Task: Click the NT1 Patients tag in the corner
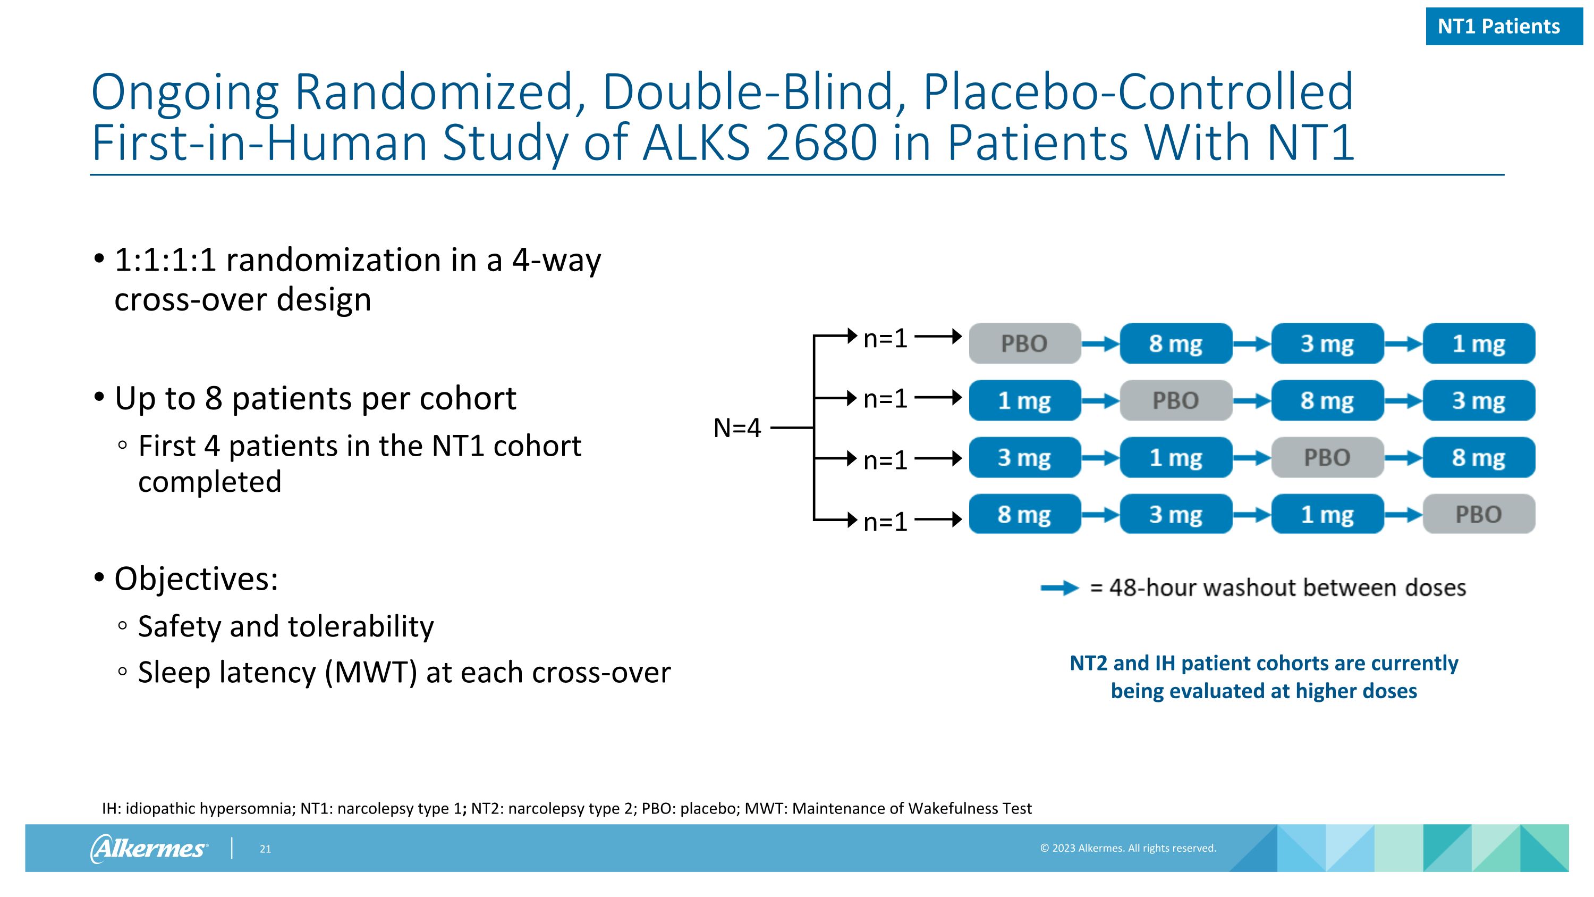(1504, 27)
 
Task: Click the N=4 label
(736, 427)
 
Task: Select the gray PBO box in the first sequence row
(1024, 343)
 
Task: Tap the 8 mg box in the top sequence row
(1176, 343)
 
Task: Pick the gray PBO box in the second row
(1176, 400)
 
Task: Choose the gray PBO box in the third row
(1327, 457)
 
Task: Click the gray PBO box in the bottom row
(1478, 514)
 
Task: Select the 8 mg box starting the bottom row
(1024, 514)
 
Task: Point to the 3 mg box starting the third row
(1024, 457)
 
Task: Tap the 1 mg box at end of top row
(1478, 343)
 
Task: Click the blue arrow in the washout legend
(1059, 588)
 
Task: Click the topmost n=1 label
(885, 339)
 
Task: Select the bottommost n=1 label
(885, 522)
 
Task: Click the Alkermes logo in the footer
(149, 848)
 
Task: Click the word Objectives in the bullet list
(196, 580)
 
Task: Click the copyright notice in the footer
(1127, 848)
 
